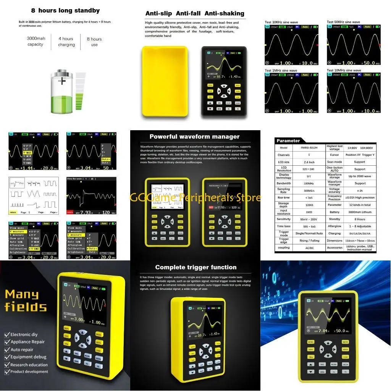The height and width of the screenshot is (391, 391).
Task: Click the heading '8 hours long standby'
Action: pos(65,11)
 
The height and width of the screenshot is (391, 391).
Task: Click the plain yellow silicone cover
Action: pos(165,81)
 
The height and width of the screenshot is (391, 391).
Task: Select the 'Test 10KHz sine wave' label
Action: pos(281,22)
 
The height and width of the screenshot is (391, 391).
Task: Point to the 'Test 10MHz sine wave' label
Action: pos(344,70)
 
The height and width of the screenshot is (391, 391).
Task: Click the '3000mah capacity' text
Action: pos(36,42)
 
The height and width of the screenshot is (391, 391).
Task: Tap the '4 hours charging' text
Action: pos(66,42)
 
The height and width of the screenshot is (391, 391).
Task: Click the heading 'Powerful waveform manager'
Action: pos(194,136)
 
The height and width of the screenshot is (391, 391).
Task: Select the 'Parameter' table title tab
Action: pos(288,141)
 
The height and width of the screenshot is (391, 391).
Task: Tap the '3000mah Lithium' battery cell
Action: pos(359,212)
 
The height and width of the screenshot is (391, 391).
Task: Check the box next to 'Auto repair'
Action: pos(7,350)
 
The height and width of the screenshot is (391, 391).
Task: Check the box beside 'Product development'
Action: pos(7,372)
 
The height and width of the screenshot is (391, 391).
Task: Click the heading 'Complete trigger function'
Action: pos(195,267)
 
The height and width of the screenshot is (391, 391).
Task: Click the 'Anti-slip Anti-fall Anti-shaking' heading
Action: pos(195,13)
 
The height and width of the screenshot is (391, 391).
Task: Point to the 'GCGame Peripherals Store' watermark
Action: pos(195,197)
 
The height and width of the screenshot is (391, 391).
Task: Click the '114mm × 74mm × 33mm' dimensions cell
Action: pos(359,241)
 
